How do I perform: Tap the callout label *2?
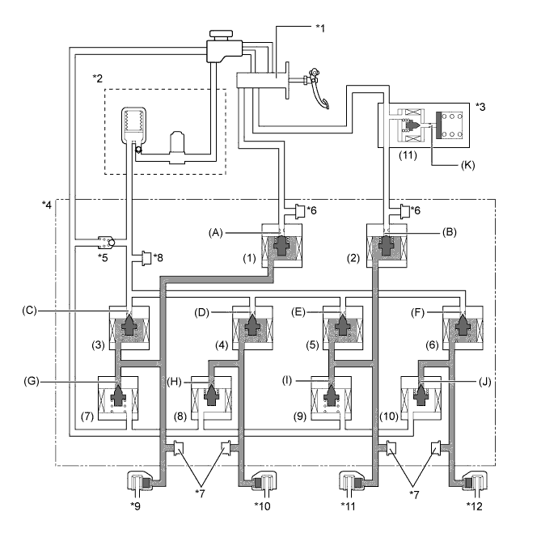point(98,78)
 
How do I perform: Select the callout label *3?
point(481,106)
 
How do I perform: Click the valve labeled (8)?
point(211,399)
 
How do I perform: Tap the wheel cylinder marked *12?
point(473,488)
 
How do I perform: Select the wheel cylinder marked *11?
point(353,488)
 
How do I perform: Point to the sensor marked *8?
point(148,260)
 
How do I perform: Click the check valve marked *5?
point(105,241)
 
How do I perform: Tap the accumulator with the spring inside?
point(133,125)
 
